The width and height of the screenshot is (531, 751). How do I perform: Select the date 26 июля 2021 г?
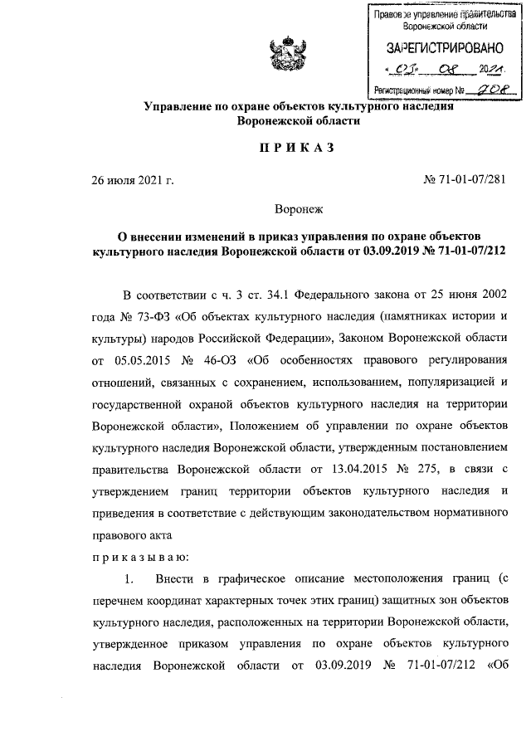[x=132, y=179]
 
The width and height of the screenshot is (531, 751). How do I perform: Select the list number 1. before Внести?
[x=128, y=577]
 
